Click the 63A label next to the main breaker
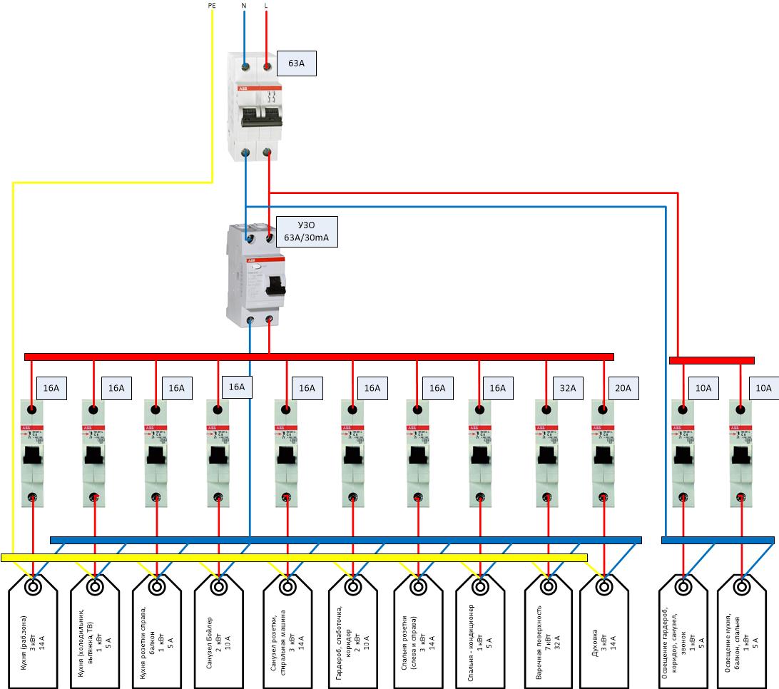click(x=296, y=63)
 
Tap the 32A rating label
click(x=569, y=389)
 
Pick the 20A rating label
click(x=623, y=389)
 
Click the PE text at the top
click(x=212, y=6)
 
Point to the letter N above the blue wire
click(x=244, y=6)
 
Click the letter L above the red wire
click(x=266, y=6)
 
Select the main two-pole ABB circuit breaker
click(x=256, y=107)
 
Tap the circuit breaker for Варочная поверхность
click(x=548, y=453)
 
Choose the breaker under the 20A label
click(x=603, y=453)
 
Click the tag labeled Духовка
click(x=604, y=631)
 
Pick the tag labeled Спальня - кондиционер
click(x=480, y=631)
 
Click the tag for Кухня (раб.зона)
click(x=33, y=631)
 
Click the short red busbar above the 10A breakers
click(x=711, y=360)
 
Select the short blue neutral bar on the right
click(x=718, y=540)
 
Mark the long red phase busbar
click(x=319, y=357)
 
